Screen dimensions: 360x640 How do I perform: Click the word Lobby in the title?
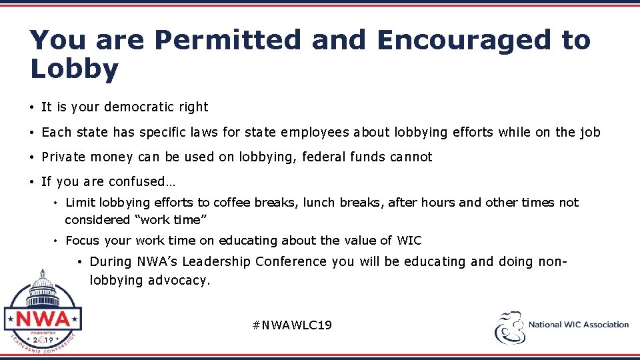(x=74, y=69)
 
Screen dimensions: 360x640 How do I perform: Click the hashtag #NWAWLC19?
(x=292, y=325)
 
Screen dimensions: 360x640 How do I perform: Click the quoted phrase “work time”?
(x=161, y=220)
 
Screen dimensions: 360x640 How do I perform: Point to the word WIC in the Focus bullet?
(x=409, y=241)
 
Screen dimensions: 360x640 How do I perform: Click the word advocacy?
(x=179, y=281)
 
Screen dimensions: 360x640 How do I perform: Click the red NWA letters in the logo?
(x=42, y=318)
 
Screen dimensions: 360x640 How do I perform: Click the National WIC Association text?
(x=578, y=325)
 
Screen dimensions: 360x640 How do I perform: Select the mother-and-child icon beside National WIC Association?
(x=509, y=327)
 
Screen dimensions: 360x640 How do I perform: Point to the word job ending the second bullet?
(x=590, y=132)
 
